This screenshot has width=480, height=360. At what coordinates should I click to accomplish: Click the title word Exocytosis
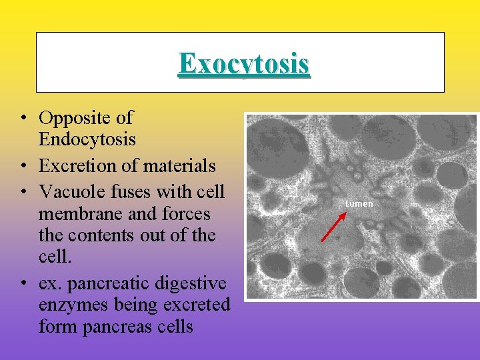click(244, 64)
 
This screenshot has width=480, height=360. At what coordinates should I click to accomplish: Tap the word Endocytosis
click(87, 139)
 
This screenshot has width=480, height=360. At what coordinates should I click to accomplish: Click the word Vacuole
click(70, 191)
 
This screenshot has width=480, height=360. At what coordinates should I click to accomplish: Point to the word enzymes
click(71, 305)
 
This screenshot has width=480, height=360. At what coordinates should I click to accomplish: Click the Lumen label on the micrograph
click(359, 203)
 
